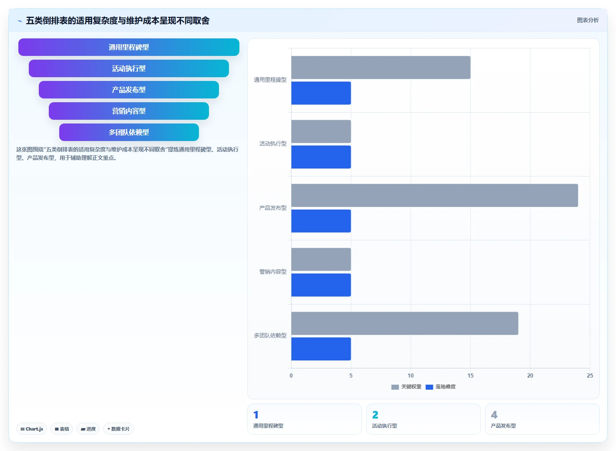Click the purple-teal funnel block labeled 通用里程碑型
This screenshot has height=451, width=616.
click(129, 47)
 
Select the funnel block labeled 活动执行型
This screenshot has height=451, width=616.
click(129, 68)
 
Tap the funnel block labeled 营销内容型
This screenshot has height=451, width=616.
click(129, 111)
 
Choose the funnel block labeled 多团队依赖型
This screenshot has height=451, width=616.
click(129, 132)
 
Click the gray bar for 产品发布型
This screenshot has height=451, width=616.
click(435, 195)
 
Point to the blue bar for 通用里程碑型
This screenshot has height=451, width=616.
click(321, 93)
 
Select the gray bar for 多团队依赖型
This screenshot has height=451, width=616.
click(405, 323)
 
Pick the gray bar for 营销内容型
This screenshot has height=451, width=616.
click(321, 260)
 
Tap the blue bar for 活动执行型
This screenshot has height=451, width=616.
click(321, 157)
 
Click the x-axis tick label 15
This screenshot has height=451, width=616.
click(470, 375)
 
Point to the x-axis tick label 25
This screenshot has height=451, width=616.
click(590, 375)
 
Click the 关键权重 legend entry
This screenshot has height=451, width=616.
click(406, 387)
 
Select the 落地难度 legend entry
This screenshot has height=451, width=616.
click(440, 387)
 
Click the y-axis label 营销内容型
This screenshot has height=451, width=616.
click(273, 272)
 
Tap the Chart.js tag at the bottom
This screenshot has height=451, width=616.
click(32, 429)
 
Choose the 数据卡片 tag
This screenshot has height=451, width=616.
click(118, 429)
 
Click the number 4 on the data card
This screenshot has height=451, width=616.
click(494, 415)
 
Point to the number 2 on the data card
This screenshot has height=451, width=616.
click(375, 415)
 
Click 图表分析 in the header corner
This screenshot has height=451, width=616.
click(588, 20)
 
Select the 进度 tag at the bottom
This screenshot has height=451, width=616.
click(88, 429)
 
